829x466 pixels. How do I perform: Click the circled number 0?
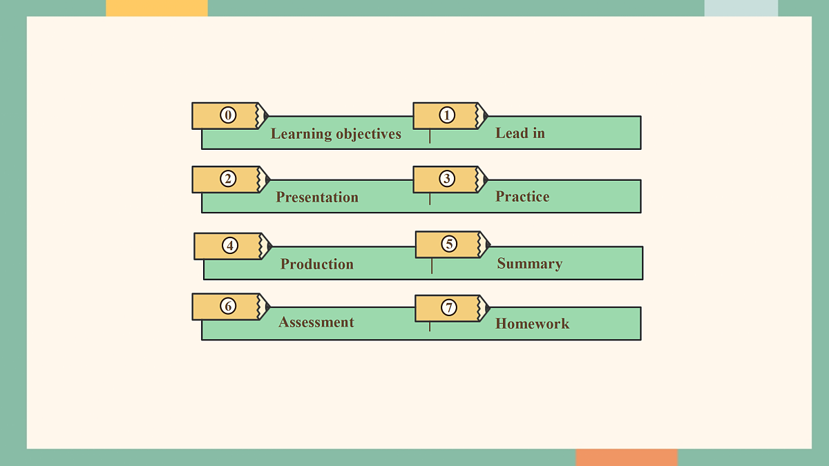pyautogui.click(x=228, y=115)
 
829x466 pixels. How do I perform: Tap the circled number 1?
pyautogui.click(x=447, y=115)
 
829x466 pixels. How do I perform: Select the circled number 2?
pyautogui.click(x=228, y=179)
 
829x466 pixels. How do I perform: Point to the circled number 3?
pyautogui.click(x=447, y=179)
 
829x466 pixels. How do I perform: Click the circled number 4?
pyautogui.click(x=230, y=246)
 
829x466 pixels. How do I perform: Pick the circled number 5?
pyautogui.click(x=449, y=244)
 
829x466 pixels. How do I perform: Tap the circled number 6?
pyautogui.click(x=228, y=307)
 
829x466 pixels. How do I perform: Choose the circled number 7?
pyautogui.click(x=449, y=307)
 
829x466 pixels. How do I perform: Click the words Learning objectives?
pyautogui.click(x=336, y=134)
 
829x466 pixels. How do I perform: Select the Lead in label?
pyautogui.click(x=520, y=133)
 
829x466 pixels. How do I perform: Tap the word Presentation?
pyautogui.click(x=317, y=197)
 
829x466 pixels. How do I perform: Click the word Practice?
pyautogui.click(x=522, y=196)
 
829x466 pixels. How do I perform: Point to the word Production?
pyautogui.click(x=317, y=264)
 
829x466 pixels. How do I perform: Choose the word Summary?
pyautogui.click(x=530, y=264)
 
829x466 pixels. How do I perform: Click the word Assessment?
pyautogui.click(x=316, y=322)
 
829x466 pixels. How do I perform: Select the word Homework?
pyautogui.click(x=532, y=324)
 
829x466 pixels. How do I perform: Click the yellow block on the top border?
pyautogui.click(x=157, y=8)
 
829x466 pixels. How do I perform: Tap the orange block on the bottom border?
pyautogui.click(x=627, y=458)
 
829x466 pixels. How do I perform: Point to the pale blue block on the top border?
pyautogui.click(x=741, y=8)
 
